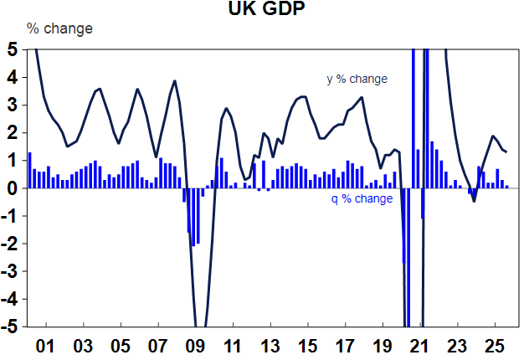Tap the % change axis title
59,28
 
